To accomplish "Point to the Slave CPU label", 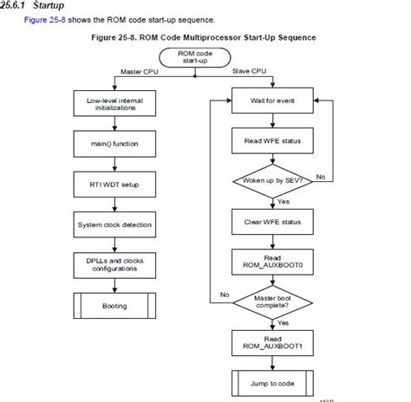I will pyautogui.click(x=249, y=70).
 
